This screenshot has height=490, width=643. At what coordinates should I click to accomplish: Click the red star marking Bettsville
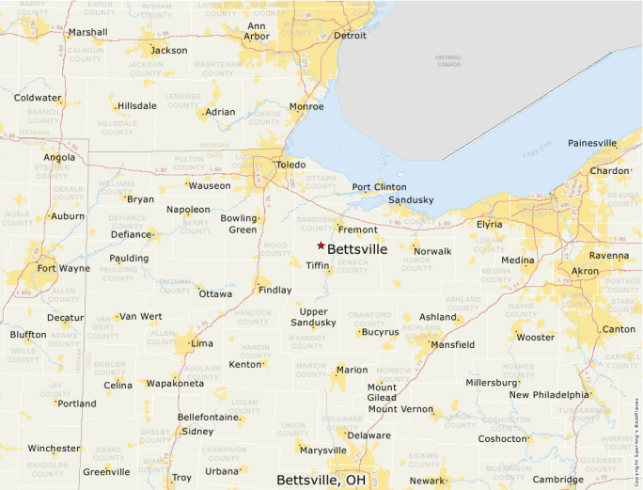321,245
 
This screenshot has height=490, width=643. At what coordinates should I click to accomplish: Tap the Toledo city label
290,166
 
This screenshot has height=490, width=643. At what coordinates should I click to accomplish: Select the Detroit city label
350,36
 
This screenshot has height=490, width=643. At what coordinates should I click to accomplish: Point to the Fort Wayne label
64,268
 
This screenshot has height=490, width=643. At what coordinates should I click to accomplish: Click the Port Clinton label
379,187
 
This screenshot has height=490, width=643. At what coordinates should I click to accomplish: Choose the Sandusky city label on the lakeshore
411,200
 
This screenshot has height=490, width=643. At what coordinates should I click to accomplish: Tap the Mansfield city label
452,345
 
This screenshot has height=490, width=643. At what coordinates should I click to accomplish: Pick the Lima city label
202,343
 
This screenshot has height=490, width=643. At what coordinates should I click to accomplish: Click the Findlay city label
275,290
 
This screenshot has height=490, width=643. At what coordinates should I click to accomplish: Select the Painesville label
592,143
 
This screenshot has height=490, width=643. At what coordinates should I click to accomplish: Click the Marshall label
88,32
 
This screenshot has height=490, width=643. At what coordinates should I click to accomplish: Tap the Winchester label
54,449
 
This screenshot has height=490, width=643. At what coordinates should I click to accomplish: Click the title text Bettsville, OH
321,480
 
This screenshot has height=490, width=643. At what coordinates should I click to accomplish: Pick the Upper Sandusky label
313,317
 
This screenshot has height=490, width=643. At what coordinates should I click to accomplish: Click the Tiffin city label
317,265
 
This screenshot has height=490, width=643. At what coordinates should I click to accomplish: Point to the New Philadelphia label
549,395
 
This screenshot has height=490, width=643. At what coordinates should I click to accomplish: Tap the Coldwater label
38,98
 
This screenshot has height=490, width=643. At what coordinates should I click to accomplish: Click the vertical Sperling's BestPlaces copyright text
636,443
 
